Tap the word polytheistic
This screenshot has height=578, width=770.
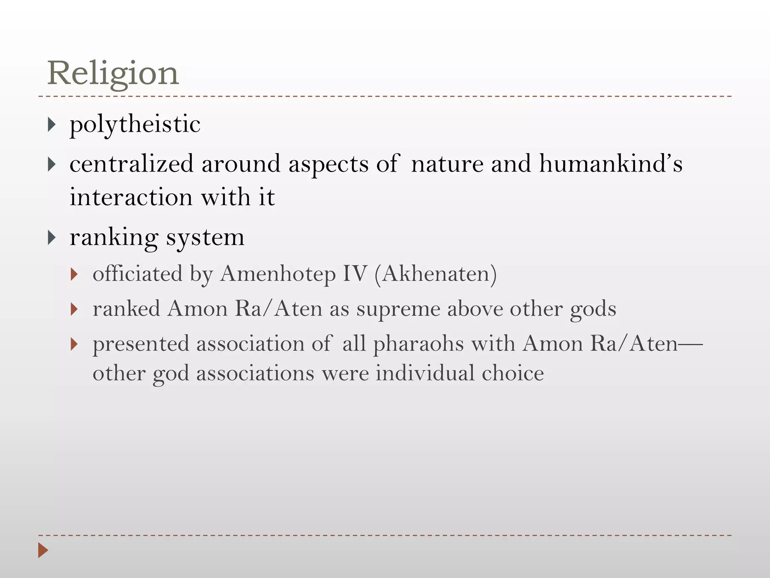click(135, 124)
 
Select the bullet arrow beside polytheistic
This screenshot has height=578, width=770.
click(52, 125)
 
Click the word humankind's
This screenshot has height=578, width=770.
click(611, 164)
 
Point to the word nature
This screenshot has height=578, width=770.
click(447, 164)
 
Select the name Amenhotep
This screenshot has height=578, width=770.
click(278, 274)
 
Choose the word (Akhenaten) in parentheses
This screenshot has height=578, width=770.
click(435, 274)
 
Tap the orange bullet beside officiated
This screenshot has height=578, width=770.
click(74, 274)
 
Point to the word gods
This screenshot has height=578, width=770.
click(593, 309)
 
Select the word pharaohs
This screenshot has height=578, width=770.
click(418, 344)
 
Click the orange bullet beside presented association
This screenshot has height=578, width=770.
click(74, 344)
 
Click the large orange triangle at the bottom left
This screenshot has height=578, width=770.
click(43, 550)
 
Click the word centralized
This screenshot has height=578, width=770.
click(132, 164)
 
